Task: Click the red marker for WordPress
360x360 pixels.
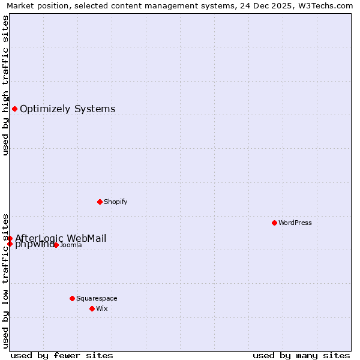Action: pos(274,223)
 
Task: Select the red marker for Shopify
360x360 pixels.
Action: pos(100,202)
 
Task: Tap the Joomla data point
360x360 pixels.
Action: pos(56,245)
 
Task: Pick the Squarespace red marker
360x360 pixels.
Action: pos(72,298)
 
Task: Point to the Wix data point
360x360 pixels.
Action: pos(92,308)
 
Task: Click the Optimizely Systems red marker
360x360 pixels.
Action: pos(14,109)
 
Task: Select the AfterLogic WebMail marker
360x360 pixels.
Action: pos(10,238)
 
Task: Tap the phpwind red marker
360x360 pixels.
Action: pos(10,244)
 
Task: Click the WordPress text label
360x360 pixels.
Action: pos(295,223)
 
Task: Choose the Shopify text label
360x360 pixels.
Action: pos(116,202)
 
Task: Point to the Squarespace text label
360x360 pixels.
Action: pos(97,298)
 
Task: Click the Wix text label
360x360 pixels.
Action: pos(102,308)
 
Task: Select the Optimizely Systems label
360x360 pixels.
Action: pos(68,109)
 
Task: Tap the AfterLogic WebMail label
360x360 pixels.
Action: pos(61,238)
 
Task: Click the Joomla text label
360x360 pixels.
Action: pos(71,245)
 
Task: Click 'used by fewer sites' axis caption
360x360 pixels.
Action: pos(62,355)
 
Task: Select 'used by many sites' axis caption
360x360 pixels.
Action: pos(301,355)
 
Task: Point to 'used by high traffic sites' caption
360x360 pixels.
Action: pos(5,85)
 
